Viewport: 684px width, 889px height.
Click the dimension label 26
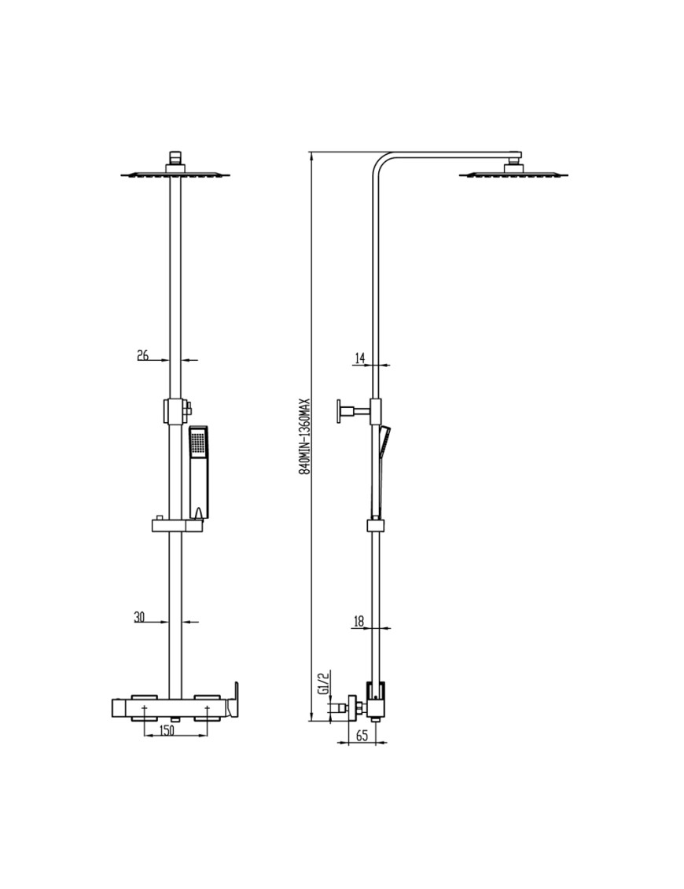[x=143, y=355]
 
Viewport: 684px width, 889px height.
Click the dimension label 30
[x=140, y=617]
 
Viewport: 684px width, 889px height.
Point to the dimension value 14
[x=359, y=358]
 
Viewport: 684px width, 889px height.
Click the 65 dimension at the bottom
[x=362, y=736]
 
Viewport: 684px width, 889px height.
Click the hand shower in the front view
[x=199, y=472]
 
